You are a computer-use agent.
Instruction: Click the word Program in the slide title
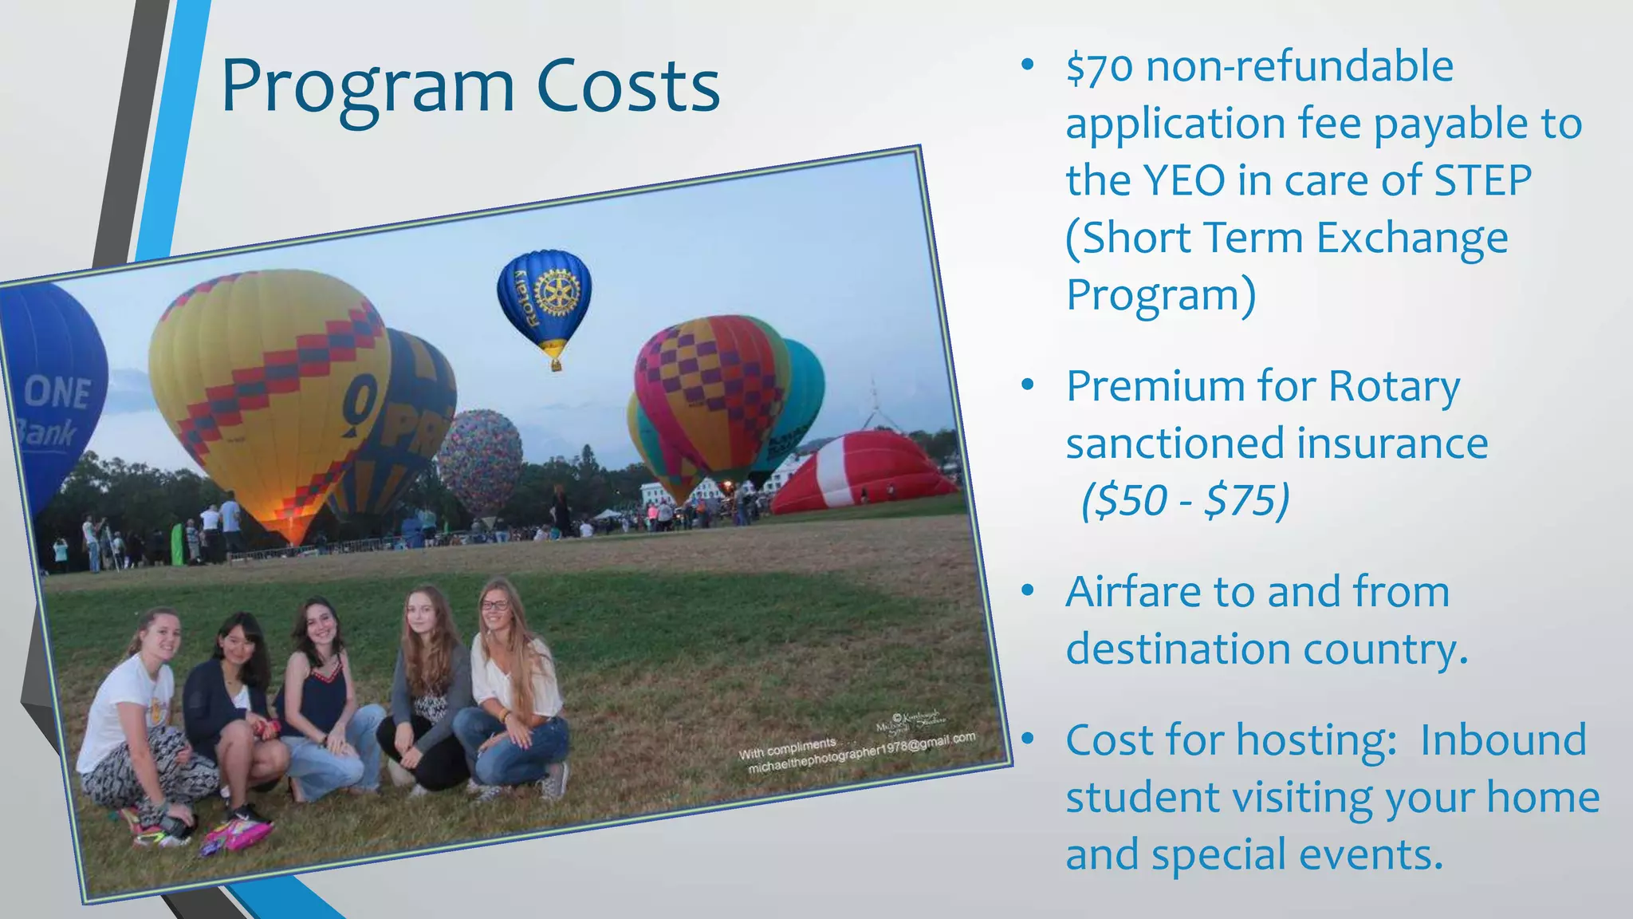[x=367, y=86]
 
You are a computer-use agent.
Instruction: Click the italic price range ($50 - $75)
[x=1185, y=501]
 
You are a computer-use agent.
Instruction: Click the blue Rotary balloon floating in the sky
[x=545, y=299]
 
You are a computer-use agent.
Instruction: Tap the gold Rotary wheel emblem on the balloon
[x=556, y=292]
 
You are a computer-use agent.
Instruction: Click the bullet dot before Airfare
[x=1028, y=591]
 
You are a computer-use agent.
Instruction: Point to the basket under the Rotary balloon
[x=556, y=365]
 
